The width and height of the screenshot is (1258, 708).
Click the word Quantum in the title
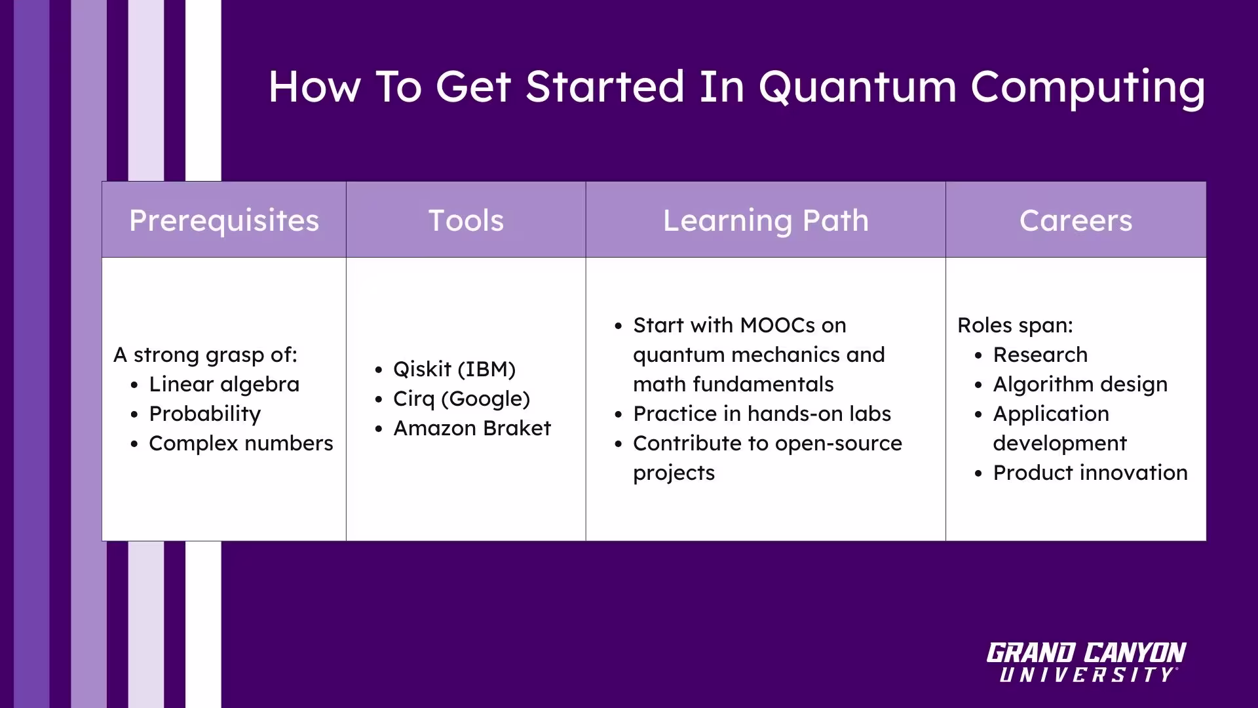[x=858, y=87]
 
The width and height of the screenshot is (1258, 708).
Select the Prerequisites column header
[x=224, y=220]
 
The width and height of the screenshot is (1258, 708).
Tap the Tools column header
[x=466, y=220]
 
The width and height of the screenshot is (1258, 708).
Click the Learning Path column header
[x=765, y=220]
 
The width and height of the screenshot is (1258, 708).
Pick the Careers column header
[x=1075, y=220]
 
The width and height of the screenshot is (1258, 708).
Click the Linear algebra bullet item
[x=224, y=384]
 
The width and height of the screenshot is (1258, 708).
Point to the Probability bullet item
[x=204, y=414]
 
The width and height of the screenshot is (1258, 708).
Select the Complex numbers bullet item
[x=240, y=443]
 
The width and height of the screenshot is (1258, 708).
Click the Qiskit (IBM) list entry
[x=454, y=369]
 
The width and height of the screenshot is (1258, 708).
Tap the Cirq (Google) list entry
[x=461, y=399]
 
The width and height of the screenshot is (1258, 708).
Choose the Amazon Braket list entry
[x=472, y=428]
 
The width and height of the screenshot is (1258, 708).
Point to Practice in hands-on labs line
[x=761, y=414]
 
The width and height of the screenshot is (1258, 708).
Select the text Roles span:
[x=1015, y=325]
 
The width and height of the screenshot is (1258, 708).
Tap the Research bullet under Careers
[x=1040, y=355]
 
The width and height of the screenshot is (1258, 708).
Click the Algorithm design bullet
[x=1080, y=384]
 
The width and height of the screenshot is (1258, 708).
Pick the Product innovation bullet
[x=1090, y=473]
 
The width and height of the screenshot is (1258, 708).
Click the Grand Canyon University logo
[x=1086, y=662]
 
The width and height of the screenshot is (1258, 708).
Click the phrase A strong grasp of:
[x=205, y=355]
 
